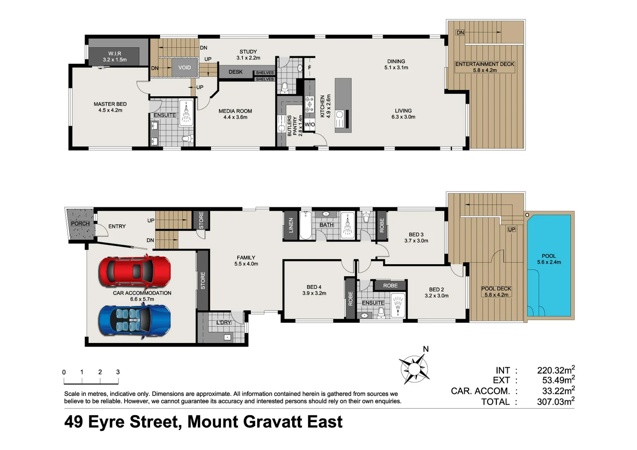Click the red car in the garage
pos(135,271)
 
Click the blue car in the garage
pos(135,320)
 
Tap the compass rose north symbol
pos(414,368)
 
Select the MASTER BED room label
pos(110,107)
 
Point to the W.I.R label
pos(115,57)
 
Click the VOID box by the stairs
pos(184,67)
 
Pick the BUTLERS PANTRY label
pos(292,126)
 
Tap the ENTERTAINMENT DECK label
pos(484,67)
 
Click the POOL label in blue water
pos(549,259)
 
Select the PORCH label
pos(80,224)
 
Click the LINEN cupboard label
pos(291,225)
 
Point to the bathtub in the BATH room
pos(306,225)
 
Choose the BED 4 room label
pos(314,290)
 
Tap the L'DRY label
pos(223,322)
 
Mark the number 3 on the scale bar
pos(118,372)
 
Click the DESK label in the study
pos(236,72)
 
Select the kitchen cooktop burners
pos(309,104)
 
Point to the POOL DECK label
pos(496,291)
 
